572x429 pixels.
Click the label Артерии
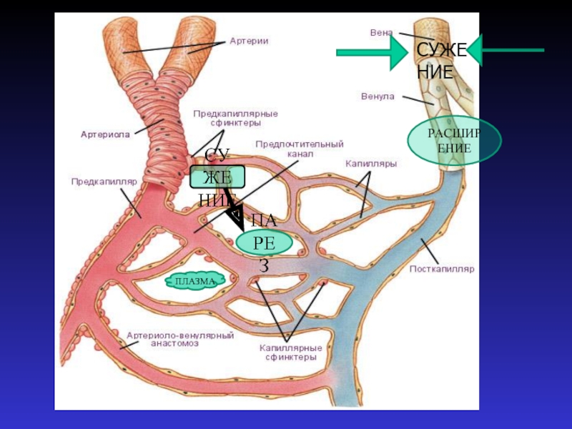[249, 41]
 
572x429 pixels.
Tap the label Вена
[380, 32]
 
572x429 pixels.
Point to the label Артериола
[105, 134]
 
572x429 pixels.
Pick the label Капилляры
[371, 164]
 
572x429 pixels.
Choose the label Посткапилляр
[442, 270]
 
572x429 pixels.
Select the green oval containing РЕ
[265, 243]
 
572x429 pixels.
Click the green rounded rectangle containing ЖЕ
[217, 177]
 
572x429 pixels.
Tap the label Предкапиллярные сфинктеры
[235, 118]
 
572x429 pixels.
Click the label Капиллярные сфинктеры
[290, 352]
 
